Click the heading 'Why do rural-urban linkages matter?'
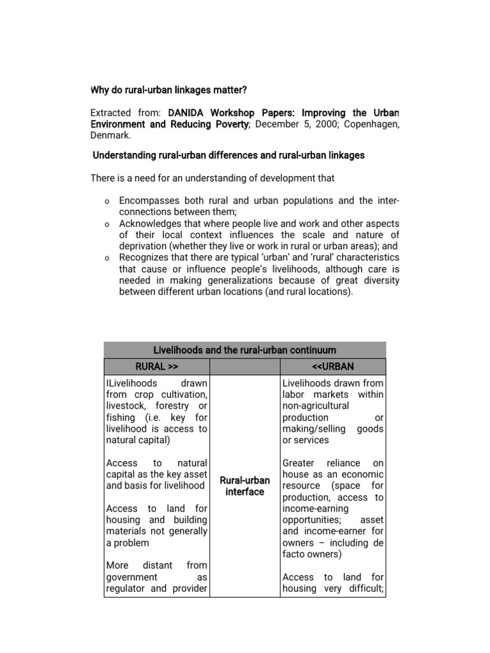click(168, 90)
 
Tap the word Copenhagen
click(372, 124)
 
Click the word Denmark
click(110, 136)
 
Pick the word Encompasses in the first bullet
click(148, 201)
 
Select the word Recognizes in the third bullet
click(145, 257)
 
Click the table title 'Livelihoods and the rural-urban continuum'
click(244, 350)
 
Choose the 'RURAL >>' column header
click(156, 367)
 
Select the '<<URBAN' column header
click(332, 367)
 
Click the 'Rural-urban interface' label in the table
click(244, 486)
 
